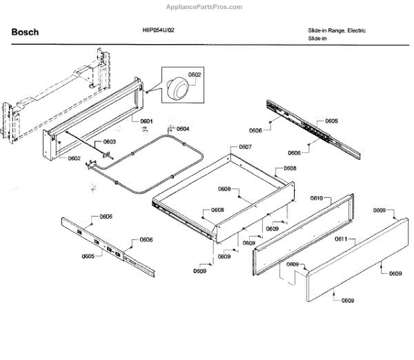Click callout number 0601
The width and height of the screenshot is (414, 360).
tap(146, 121)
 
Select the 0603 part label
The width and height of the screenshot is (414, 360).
tap(109, 142)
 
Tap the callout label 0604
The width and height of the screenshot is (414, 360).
tap(182, 128)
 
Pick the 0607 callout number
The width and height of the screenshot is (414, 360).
tap(245, 147)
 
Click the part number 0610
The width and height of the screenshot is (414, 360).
tap(317, 198)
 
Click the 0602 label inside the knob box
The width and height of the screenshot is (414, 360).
tap(195, 74)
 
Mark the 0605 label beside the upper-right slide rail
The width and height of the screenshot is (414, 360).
tap(332, 121)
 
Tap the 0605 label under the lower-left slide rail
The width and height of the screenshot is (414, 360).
tap(88, 256)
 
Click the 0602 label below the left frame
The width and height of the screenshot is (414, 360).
tap(74, 158)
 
